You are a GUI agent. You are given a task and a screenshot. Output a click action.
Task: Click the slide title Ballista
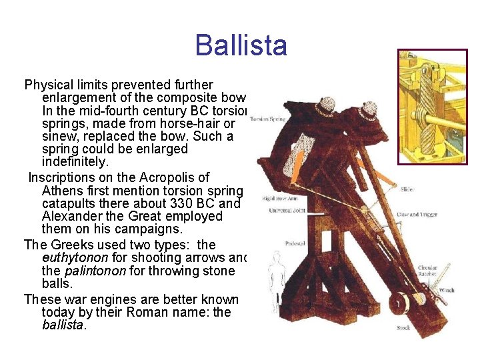[x=241, y=45]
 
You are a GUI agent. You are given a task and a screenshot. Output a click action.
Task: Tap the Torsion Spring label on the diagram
[x=267, y=119]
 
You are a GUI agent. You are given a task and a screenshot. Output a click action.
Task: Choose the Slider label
[x=407, y=189]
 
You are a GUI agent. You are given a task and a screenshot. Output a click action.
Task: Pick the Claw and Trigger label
[x=417, y=215]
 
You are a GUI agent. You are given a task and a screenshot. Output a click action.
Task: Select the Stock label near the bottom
[x=403, y=328]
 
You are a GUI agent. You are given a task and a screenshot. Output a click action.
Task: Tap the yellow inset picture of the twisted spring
[x=432, y=107]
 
